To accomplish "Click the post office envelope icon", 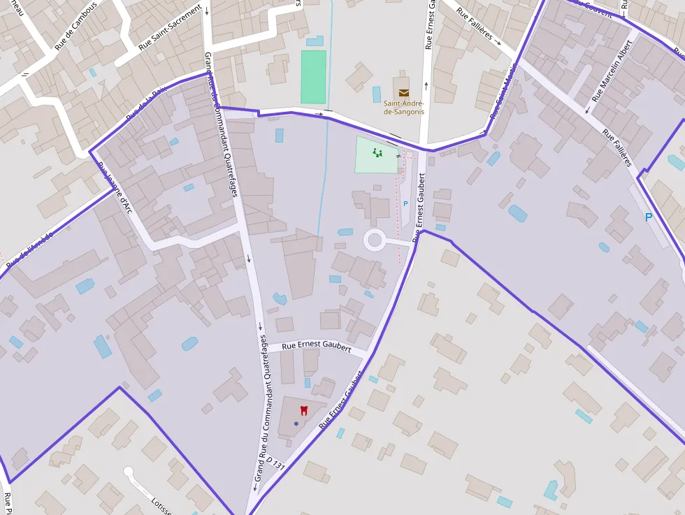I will (x=404, y=92).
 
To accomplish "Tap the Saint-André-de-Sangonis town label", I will (x=404, y=108).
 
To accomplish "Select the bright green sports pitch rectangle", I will (x=313, y=77).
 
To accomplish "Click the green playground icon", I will (x=377, y=152).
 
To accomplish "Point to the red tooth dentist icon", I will (x=304, y=410).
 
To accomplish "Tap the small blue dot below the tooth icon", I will (x=296, y=423).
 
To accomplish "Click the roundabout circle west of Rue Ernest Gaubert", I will (x=375, y=241).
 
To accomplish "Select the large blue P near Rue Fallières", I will (x=648, y=217).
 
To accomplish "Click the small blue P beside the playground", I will (x=405, y=203).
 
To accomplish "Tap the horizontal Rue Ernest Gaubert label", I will (x=317, y=345).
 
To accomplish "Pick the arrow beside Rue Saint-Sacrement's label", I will (x=207, y=10).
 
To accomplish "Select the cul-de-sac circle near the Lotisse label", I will (x=128, y=472).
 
